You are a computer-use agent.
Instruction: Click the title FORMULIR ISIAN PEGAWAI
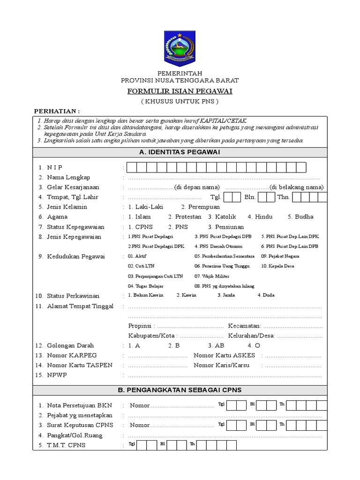coord(180,91)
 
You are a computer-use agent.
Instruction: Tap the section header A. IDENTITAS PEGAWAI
coord(180,152)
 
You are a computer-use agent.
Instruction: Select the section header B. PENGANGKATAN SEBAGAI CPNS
coord(180,390)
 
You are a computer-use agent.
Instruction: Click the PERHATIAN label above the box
coord(57,111)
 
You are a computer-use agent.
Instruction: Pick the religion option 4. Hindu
coord(260,217)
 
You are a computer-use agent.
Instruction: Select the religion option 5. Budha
coord(300,217)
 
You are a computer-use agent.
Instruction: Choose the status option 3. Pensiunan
coord(227,226)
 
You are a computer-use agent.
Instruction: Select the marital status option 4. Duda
coord(266,295)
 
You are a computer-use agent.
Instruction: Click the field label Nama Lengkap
coord(68,177)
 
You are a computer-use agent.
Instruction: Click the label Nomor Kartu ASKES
coord(224,355)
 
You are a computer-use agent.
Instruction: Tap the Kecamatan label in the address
coord(244,326)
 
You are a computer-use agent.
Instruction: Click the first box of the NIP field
coord(132,167)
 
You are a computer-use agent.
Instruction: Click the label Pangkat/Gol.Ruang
coord(75,435)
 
